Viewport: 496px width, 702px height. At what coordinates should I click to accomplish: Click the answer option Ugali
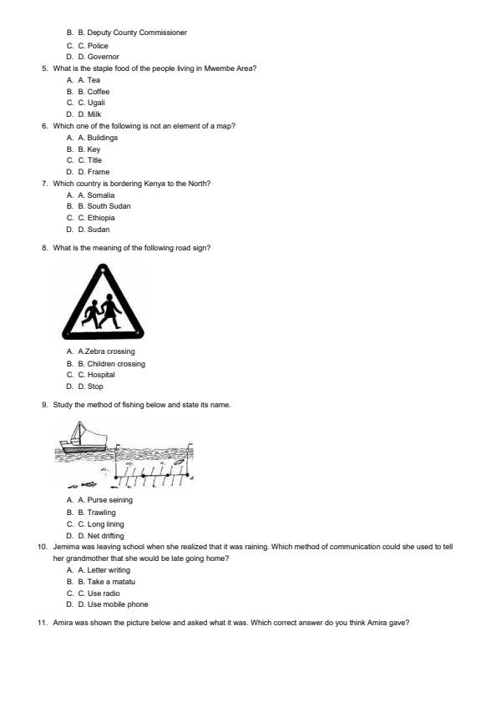pos(96,103)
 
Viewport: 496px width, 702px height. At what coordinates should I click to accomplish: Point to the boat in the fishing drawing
pos(84,437)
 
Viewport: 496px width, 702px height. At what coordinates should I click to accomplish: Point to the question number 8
pos(44,247)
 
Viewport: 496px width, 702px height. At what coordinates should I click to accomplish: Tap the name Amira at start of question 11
pos(63,622)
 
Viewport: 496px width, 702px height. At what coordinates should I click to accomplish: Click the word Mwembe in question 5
pos(216,68)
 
